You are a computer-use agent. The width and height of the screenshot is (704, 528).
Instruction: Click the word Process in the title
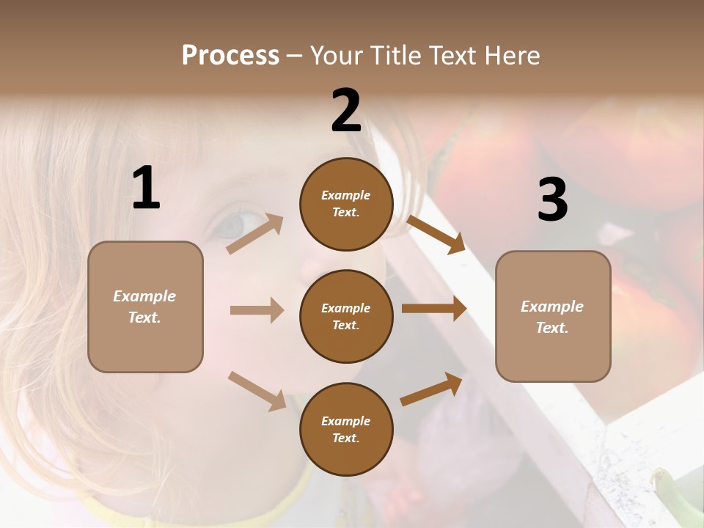pyautogui.click(x=230, y=55)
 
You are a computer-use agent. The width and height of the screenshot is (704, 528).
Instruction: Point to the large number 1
pyautogui.click(x=146, y=188)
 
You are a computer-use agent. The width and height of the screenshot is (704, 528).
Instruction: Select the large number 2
pyautogui.click(x=346, y=111)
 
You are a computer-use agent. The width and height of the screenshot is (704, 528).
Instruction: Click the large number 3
pyautogui.click(x=552, y=199)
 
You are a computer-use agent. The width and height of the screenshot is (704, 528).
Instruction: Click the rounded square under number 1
pyautogui.click(x=145, y=307)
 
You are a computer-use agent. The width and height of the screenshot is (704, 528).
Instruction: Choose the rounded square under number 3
pyautogui.click(x=553, y=316)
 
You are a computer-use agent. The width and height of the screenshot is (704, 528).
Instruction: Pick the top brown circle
pyautogui.click(x=346, y=204)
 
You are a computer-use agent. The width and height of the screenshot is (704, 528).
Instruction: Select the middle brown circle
pyautogui.click(x=346, y=316)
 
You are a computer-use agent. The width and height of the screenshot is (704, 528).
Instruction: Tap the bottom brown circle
pyautogui.click(x=346, y=429)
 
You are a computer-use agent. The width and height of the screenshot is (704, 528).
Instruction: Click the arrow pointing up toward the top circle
pyautogui.click(x=255, y=233)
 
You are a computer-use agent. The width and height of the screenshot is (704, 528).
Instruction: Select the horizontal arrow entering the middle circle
pyautogui.click(x=257, y=310)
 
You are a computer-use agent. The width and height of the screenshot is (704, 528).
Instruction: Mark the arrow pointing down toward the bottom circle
pyautogui.click(x=257, y=390)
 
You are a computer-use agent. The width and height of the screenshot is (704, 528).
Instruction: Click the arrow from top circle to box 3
pyautogui.click(x=436, y=234)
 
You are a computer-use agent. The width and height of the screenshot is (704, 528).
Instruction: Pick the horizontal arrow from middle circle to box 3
pyautogui.click(x=434, y=309)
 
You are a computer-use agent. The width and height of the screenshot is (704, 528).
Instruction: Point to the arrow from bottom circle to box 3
pyautogui.click(x=431, y=389)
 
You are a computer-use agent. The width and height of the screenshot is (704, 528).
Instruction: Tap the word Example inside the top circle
pyautogui.click(x=345, y=195)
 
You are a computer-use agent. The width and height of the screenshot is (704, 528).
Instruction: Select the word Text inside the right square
pyautogui.click(x=552, y=328)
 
